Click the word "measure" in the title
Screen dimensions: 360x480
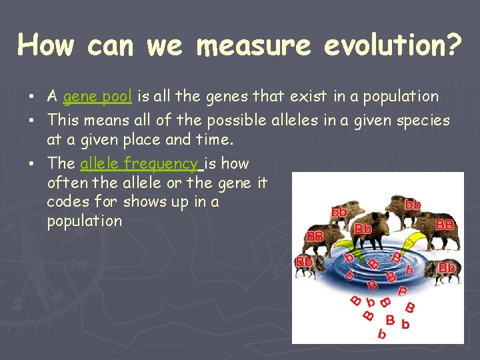pyautogui.click(x=254, y=46)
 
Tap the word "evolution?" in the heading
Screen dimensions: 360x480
pyautogui.click(x=393, y=46)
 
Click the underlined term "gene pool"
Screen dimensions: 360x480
pyautogui.click(x=97, y=97)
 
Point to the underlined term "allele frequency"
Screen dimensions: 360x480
pyautogui.click(x=139, y=163)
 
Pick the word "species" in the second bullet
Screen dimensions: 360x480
pyautogui.click(x=425, y=121)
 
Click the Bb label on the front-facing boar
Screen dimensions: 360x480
pyautogui.click(x=363, y=229)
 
